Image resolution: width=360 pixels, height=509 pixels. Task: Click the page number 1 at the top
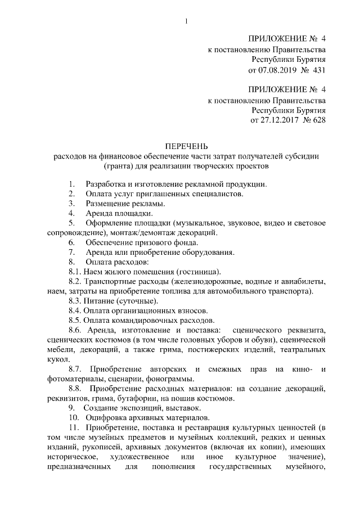186,22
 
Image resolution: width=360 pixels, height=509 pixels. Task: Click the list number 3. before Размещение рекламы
72,203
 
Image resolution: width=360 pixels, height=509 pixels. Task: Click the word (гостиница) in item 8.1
196,272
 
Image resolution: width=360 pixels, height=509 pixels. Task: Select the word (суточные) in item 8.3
118,301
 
